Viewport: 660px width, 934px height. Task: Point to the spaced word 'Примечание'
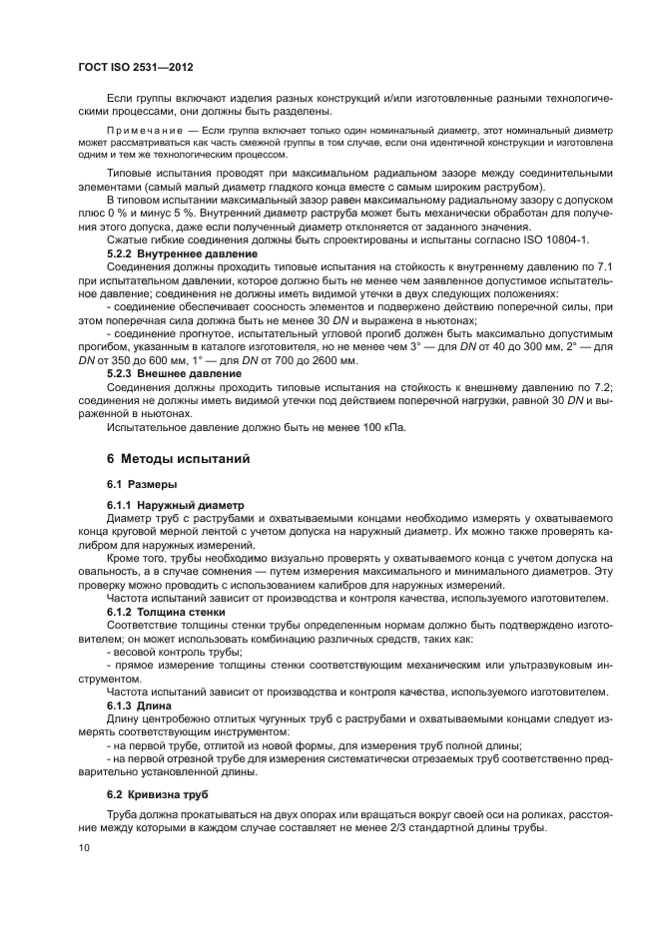[146, 131]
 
